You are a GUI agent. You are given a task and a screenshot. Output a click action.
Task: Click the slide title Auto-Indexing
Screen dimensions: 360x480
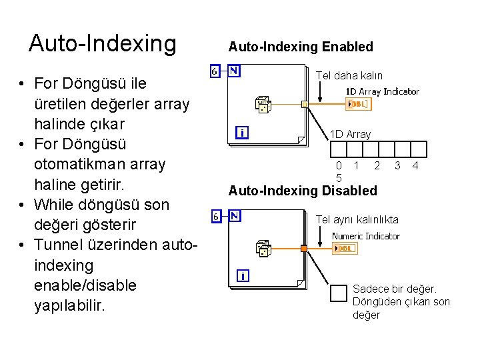tap(102, 43)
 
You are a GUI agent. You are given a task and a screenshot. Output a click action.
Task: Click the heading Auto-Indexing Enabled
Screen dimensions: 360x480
tap(301, 47)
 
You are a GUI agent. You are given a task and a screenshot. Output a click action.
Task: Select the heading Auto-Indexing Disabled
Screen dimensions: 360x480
tap(303, 191)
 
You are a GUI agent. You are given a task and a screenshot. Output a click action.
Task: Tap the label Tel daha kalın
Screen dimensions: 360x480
tap(349, 75)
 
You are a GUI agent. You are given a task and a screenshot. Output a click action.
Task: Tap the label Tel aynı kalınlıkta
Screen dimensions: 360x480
tap(357, 219)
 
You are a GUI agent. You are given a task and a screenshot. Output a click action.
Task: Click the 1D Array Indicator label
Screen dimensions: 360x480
tap(382, 91)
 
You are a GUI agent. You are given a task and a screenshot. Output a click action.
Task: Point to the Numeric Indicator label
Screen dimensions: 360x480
tap(366, 236)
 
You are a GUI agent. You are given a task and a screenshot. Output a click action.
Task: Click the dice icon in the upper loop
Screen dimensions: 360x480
tap(263, 105)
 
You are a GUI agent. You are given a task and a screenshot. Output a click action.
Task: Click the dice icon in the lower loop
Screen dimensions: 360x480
tap(263, 249)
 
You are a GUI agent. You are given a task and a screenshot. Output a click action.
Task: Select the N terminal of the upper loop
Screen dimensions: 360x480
tap(235, 70)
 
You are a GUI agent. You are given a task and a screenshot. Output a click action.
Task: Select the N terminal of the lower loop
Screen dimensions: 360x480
tap(235, 215)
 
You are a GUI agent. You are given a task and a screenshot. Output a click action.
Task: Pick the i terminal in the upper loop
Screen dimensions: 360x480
tap(242, 133)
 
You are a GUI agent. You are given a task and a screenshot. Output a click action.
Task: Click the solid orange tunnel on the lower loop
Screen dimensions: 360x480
tap(303, 249)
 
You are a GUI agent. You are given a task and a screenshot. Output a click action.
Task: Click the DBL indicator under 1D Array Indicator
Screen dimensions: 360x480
tap(359, 104)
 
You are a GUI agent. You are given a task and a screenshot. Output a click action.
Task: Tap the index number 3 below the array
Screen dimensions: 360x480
tap(397, 165)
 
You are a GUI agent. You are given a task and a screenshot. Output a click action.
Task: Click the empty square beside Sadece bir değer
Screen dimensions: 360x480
tap(340, 293)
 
